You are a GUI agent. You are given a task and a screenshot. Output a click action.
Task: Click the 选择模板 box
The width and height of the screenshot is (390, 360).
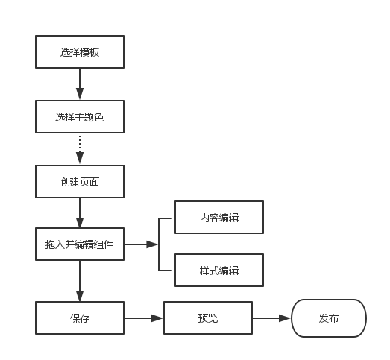tap(80, 52)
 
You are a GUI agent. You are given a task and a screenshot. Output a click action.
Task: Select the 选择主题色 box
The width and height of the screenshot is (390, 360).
tap(80, 117)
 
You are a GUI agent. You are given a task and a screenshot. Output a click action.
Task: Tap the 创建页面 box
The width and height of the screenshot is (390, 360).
tap(80, 181)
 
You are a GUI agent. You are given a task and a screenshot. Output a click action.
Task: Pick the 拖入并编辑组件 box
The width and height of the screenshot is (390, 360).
tap(80, 244)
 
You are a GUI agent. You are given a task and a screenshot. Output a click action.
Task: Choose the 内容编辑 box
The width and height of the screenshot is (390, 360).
tap(219, 218)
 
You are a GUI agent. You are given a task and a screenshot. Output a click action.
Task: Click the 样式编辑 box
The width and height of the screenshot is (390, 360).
tap(219, 271)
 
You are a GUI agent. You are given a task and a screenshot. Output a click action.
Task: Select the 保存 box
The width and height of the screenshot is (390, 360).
tap(80, 318)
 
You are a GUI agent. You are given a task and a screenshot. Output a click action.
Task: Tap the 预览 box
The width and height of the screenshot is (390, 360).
tap(208, 318)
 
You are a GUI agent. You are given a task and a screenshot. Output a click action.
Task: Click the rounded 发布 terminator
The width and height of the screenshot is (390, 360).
tap(329, 318)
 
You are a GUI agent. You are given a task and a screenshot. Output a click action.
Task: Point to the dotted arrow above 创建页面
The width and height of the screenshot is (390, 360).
tap(80, 149)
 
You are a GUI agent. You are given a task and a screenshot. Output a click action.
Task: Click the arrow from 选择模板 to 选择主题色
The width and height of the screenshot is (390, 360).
tap(80, 85)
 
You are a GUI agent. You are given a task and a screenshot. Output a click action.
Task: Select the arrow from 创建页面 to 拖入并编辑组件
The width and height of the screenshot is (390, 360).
tap(80, 213)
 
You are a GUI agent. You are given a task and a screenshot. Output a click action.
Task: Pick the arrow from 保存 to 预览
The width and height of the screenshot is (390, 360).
tap(143, 318)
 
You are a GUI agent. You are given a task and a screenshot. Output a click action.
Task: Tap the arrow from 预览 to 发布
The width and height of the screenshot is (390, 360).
tap(271, 318)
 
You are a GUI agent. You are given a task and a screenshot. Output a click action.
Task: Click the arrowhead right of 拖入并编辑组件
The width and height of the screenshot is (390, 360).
tap(153, 244)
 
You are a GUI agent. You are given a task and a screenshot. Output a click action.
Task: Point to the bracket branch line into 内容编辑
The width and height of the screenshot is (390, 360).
tap(166, 218)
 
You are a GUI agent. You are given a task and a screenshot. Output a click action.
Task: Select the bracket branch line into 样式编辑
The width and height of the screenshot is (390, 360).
tap(166, 270)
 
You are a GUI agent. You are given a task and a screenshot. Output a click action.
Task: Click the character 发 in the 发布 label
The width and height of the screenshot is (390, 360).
tap(324, 318)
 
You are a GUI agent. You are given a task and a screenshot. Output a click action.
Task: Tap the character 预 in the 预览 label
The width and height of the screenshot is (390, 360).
tap(203, 318)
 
